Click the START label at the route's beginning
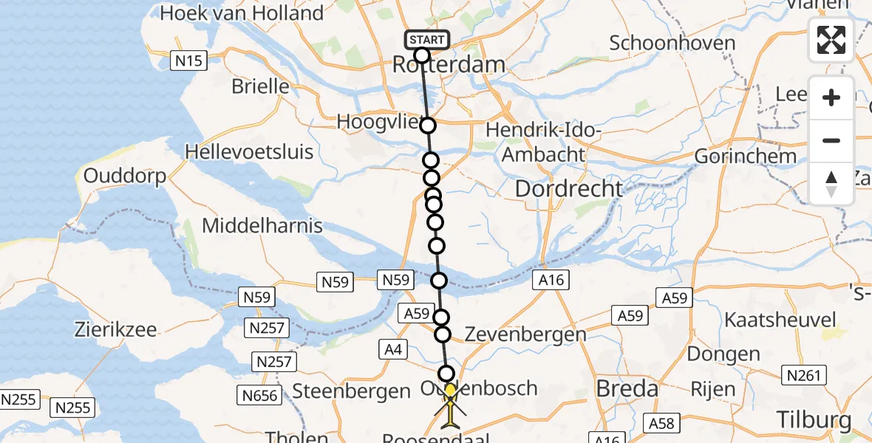426,40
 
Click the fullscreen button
831,40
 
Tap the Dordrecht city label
568,189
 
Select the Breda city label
627,388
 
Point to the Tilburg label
814,419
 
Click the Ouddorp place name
125,176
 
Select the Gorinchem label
745,157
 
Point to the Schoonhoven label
672,43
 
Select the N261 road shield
804,376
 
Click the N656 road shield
260,396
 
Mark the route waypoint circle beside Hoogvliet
428,126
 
